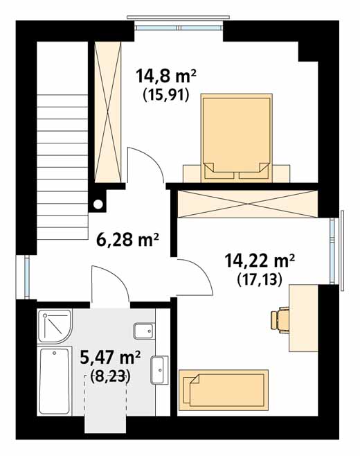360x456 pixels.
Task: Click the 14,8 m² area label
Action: pyautogui.click(x=166, y=76)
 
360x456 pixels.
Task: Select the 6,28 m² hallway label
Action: pyautogui.click(x=127, y=240)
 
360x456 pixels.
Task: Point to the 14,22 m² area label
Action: pyautogui.click(x=260, y=261)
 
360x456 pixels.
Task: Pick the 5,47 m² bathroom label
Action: pyautogui.click(x=110, y=358)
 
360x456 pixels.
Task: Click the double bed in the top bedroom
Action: pyautogui.click(x=237, y=138)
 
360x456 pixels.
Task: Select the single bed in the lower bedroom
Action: pyautogui.click(x=223, y=390)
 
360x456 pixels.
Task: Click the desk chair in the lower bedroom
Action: pyautogui.click(x=280, y=320)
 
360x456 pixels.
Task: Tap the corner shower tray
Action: pyautogui.click(x=54, y=326)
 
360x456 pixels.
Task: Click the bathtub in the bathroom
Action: pyautogui.click(x=55, y=381)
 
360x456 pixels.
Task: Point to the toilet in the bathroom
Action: pyautogui.click(x=144, y=331)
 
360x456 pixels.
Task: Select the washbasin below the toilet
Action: pyautogui.click(x=159, y=370)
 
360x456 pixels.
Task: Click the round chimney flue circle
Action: pyautogui.click(x=98, y=204)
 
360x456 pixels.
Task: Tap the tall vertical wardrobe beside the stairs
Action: pyautogui.click(x=107, y=112)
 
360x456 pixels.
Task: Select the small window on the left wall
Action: pyautogui.click(x=27, y=277)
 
